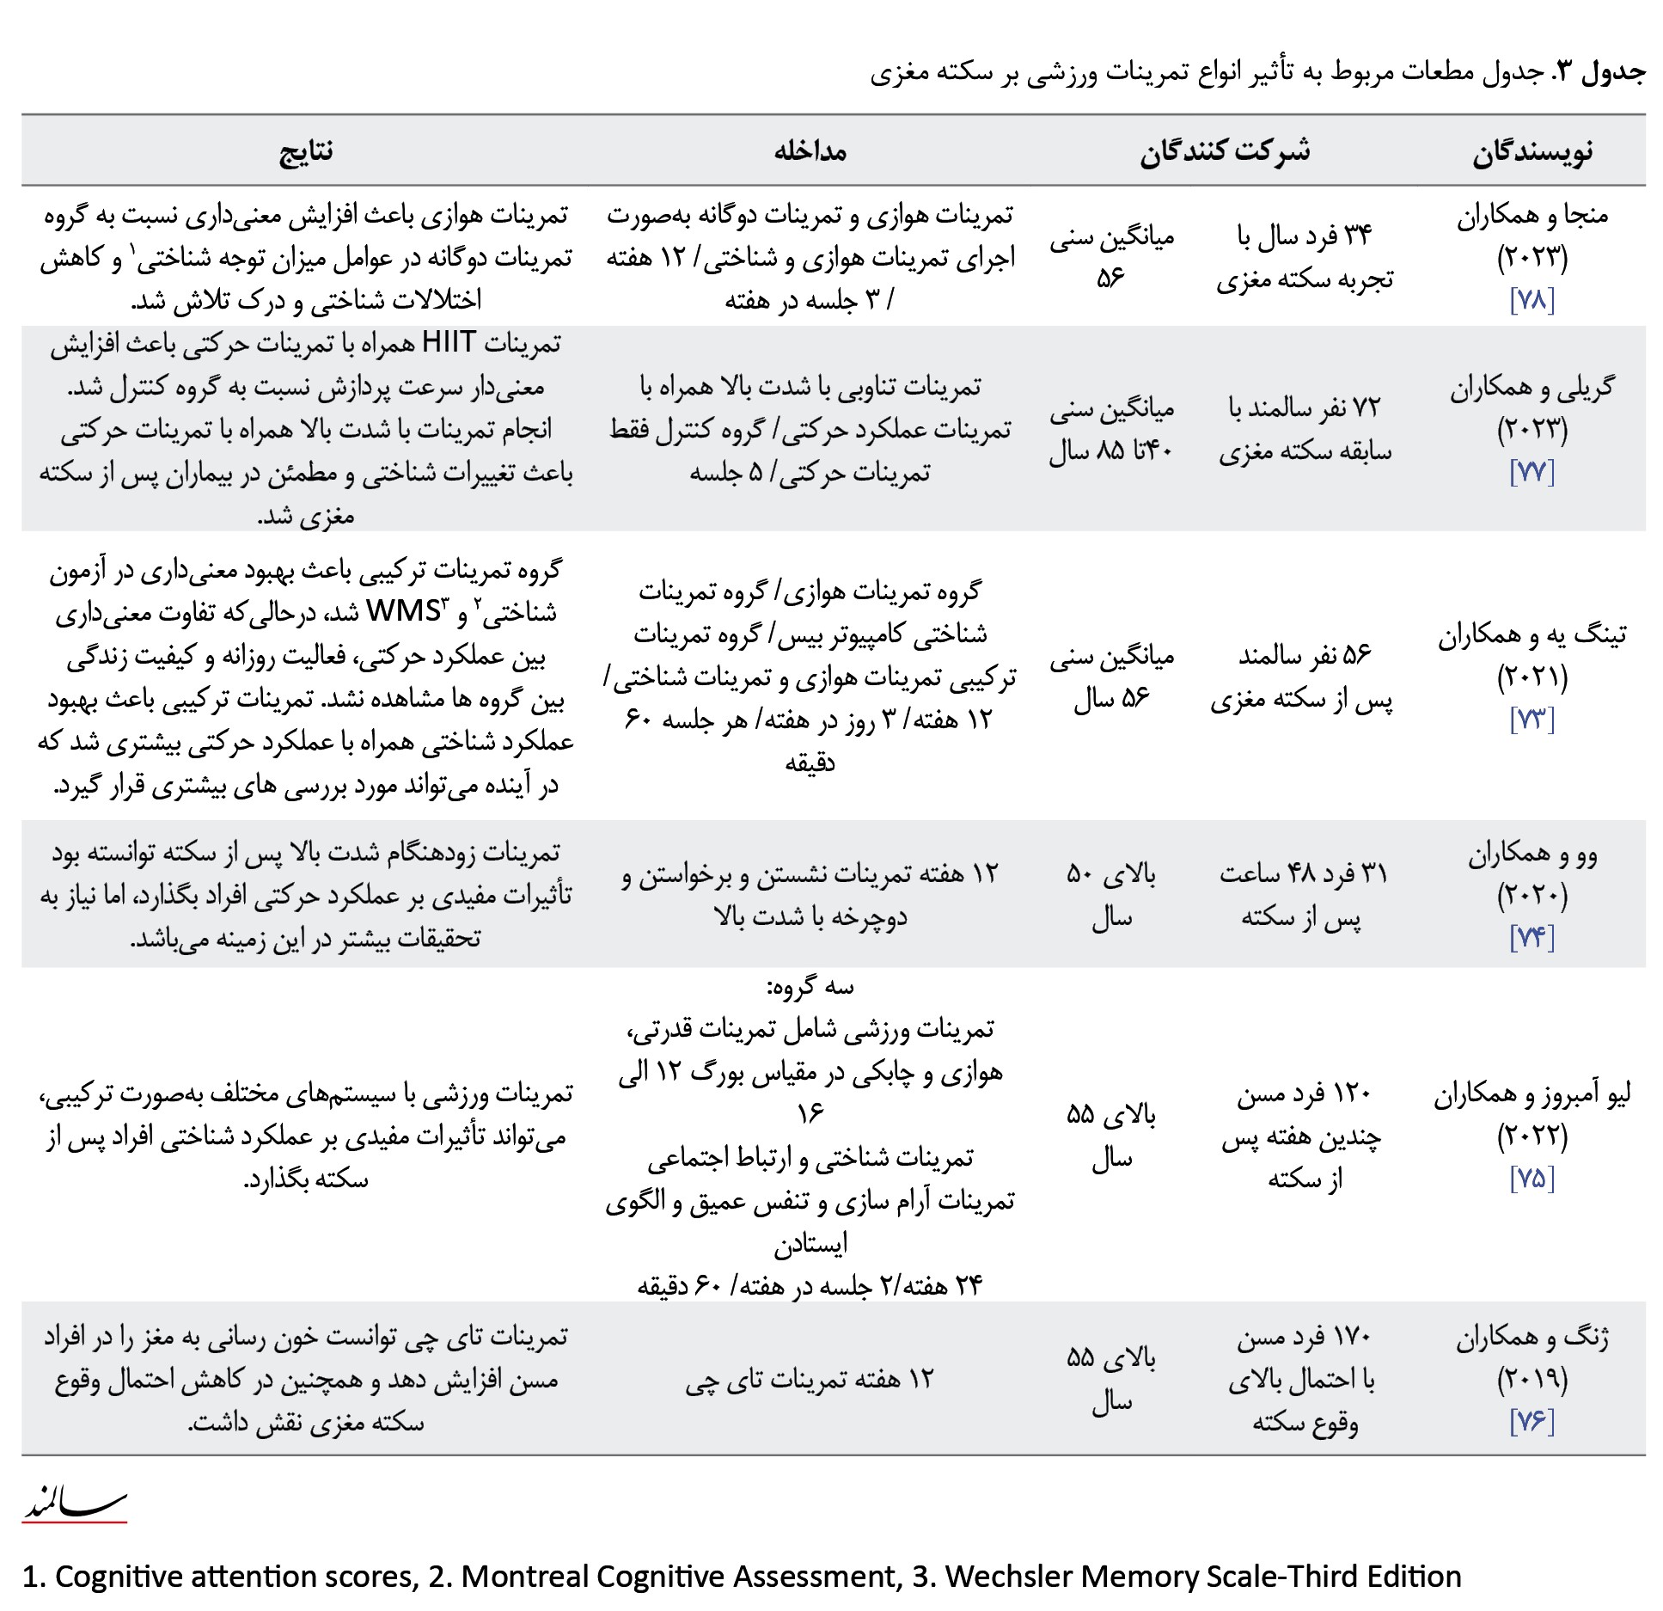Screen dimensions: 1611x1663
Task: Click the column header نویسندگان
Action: coord(1532,152)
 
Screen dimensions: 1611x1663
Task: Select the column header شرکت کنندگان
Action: coord(1225,152)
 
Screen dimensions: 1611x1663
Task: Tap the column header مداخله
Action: coord(810,152)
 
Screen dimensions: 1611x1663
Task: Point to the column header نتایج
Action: coord(306,152)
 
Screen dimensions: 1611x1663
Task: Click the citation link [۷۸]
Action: coord(1532,300)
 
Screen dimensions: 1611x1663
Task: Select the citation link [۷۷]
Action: coord(1532,472)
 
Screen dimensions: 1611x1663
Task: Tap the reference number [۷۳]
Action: coord(1532,720)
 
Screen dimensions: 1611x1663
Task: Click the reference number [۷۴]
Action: coord(1532,938)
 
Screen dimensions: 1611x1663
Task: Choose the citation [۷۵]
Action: coord(1532,1179)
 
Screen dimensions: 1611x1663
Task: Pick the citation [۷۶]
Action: coord(1532,1421)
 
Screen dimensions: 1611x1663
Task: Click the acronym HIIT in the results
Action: coord(449,343)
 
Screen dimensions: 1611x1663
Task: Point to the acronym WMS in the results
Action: coord(403,611)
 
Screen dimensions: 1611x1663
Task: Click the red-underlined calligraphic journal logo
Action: coord(75,1503)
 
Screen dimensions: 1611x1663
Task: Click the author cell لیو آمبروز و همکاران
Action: coord(1532,1094)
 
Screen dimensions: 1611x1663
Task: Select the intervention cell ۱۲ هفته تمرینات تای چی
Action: coord(810,1380)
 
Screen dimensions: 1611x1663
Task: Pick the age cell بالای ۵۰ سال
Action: coord(1111,896)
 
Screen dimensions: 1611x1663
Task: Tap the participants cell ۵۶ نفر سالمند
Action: coord(1305,656)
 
